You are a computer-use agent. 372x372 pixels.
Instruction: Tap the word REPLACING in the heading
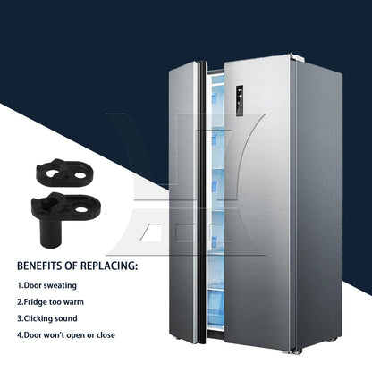[108, 266]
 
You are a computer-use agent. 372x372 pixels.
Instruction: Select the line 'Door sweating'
[46, 285]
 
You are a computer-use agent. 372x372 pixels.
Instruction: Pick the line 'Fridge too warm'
[50, 302]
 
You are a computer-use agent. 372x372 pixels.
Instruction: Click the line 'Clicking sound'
[47, 318]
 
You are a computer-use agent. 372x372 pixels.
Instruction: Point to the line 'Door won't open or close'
[66, 335]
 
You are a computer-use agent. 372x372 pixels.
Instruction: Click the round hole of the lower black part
[80, 210]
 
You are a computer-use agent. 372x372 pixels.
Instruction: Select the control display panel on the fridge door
[240, 101]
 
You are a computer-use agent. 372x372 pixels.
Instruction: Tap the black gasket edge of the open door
[202, 203]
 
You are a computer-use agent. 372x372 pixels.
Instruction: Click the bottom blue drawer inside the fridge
[216, 310]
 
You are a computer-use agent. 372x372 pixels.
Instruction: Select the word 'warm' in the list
[73, 302]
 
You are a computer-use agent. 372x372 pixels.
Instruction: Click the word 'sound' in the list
[66, 318]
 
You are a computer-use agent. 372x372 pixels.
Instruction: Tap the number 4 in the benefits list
[20, 335]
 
